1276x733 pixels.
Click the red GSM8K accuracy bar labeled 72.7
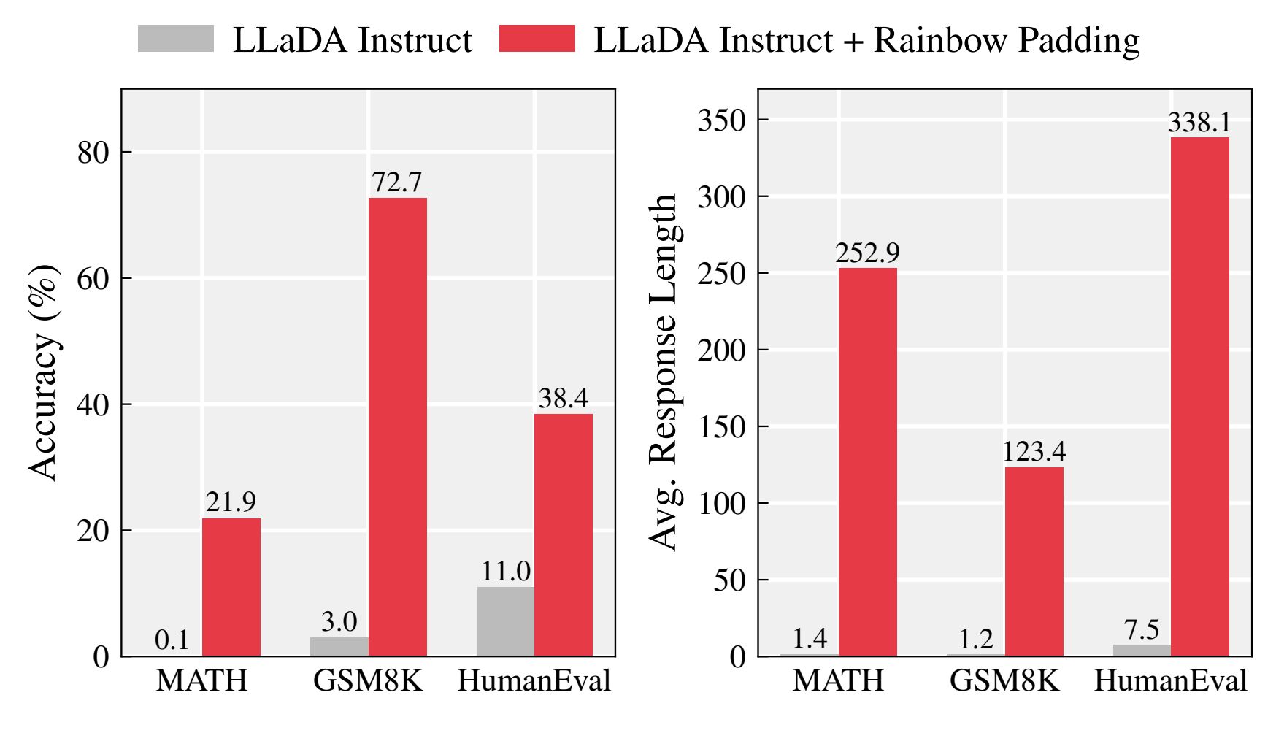(x=397, y=427)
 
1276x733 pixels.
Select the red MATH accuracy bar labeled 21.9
(x=231, y=587)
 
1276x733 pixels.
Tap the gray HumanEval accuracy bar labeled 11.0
(x=505, y=621)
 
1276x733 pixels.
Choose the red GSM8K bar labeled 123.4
(x=1034, y=561)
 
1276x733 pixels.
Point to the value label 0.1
(x=172, y=640)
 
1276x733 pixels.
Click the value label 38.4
(x=563, y=398)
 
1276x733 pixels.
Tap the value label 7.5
(x=1142, y=629)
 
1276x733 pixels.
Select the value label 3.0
(x=339, y=622)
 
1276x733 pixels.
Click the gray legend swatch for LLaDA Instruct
(x=175, y=39)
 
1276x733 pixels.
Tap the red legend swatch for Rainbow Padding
(x=537, y=39)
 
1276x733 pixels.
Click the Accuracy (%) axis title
(x=44, y=373)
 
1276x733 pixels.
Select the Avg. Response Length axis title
(x=664, y=372)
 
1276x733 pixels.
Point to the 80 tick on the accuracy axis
(x=93, y=153)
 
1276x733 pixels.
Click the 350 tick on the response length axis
(x=722, y=120)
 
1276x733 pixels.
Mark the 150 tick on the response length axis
(x=722, y=427)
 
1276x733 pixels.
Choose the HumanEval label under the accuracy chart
(x=534, y=681)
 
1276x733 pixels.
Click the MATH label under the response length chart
(x=838, y=681)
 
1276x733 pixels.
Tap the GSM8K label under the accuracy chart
(x=368, y=681)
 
